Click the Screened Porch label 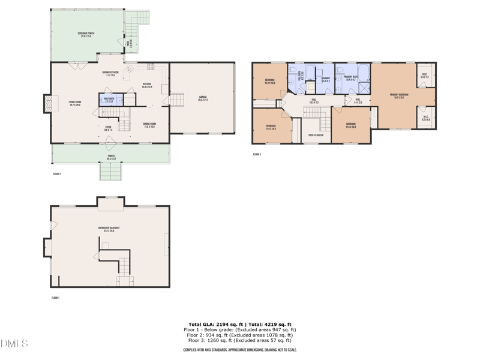point(86,34)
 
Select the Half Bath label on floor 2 point(110,98)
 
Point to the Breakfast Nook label point(110,73)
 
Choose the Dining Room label point(149,125)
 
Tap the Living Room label point(75,104)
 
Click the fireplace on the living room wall point(47,104)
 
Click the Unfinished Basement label point(106,229)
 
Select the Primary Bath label point(351,78)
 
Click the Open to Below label point(316,136)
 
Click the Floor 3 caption point(257,154)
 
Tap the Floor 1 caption point(56,298)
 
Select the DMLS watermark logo point(14,344)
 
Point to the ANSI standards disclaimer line point(240,349)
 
